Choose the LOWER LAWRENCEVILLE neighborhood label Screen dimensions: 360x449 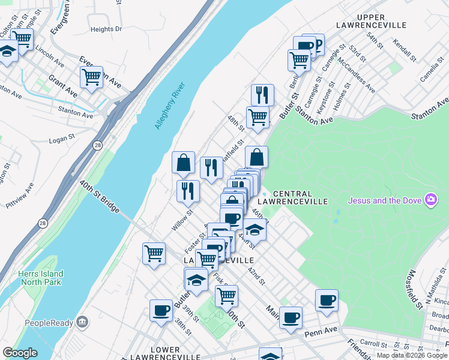[166, 354]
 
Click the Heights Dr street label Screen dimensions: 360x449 [106, 29]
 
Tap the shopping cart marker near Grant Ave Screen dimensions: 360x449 [91, 77]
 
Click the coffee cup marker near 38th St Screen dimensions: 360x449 [161, 310]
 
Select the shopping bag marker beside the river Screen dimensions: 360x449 [183, 162]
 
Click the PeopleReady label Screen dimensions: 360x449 [48, 323]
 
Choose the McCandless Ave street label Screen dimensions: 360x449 [357, 75]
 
